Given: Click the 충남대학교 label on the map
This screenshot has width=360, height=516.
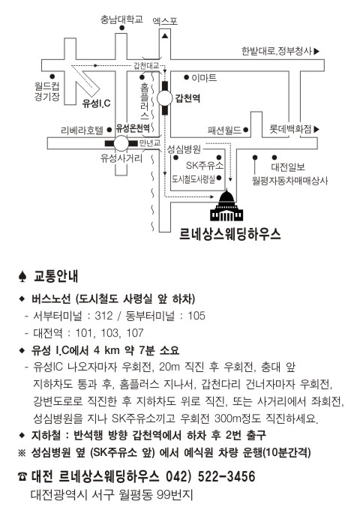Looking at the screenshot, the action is [x=121, y=19].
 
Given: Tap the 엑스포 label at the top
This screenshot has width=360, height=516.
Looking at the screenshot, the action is [x=165, y=22].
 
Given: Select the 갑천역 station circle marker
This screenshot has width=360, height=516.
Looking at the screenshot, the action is [x=165, y=98].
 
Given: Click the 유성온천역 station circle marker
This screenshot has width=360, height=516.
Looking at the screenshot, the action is [x=121, y=143].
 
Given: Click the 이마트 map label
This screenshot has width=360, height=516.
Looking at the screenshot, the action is [x=204, y=78].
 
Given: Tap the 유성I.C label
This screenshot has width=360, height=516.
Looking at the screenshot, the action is [x=97, y=103].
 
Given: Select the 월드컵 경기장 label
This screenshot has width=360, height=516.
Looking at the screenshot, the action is [x=47, y=91].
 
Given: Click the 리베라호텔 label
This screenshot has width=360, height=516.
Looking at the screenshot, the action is [x=82, y=130].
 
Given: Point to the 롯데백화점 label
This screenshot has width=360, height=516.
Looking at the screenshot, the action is [x=290, y=129].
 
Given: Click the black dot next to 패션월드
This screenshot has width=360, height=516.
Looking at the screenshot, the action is [x=245, y=130].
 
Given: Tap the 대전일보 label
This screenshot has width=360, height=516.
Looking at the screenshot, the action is [x=288, y=166].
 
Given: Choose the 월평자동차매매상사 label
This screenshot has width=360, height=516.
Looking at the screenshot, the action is [x=290, y=180].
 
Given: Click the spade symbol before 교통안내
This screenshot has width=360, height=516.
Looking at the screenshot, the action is [x=22, y=277].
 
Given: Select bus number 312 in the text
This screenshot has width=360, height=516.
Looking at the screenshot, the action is [x=103, y=316].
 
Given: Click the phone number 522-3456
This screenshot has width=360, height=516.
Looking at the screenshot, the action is [x=226, y=476].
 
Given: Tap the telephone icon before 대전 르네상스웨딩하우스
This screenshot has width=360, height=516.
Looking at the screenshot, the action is [x=22, y=476].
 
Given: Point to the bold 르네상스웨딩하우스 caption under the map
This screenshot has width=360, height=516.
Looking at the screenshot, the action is [x=230, y=234].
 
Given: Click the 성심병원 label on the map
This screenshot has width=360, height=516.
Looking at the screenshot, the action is [x=184, y=149].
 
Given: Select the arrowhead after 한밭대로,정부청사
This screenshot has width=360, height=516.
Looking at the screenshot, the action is [x=316, y=51].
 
